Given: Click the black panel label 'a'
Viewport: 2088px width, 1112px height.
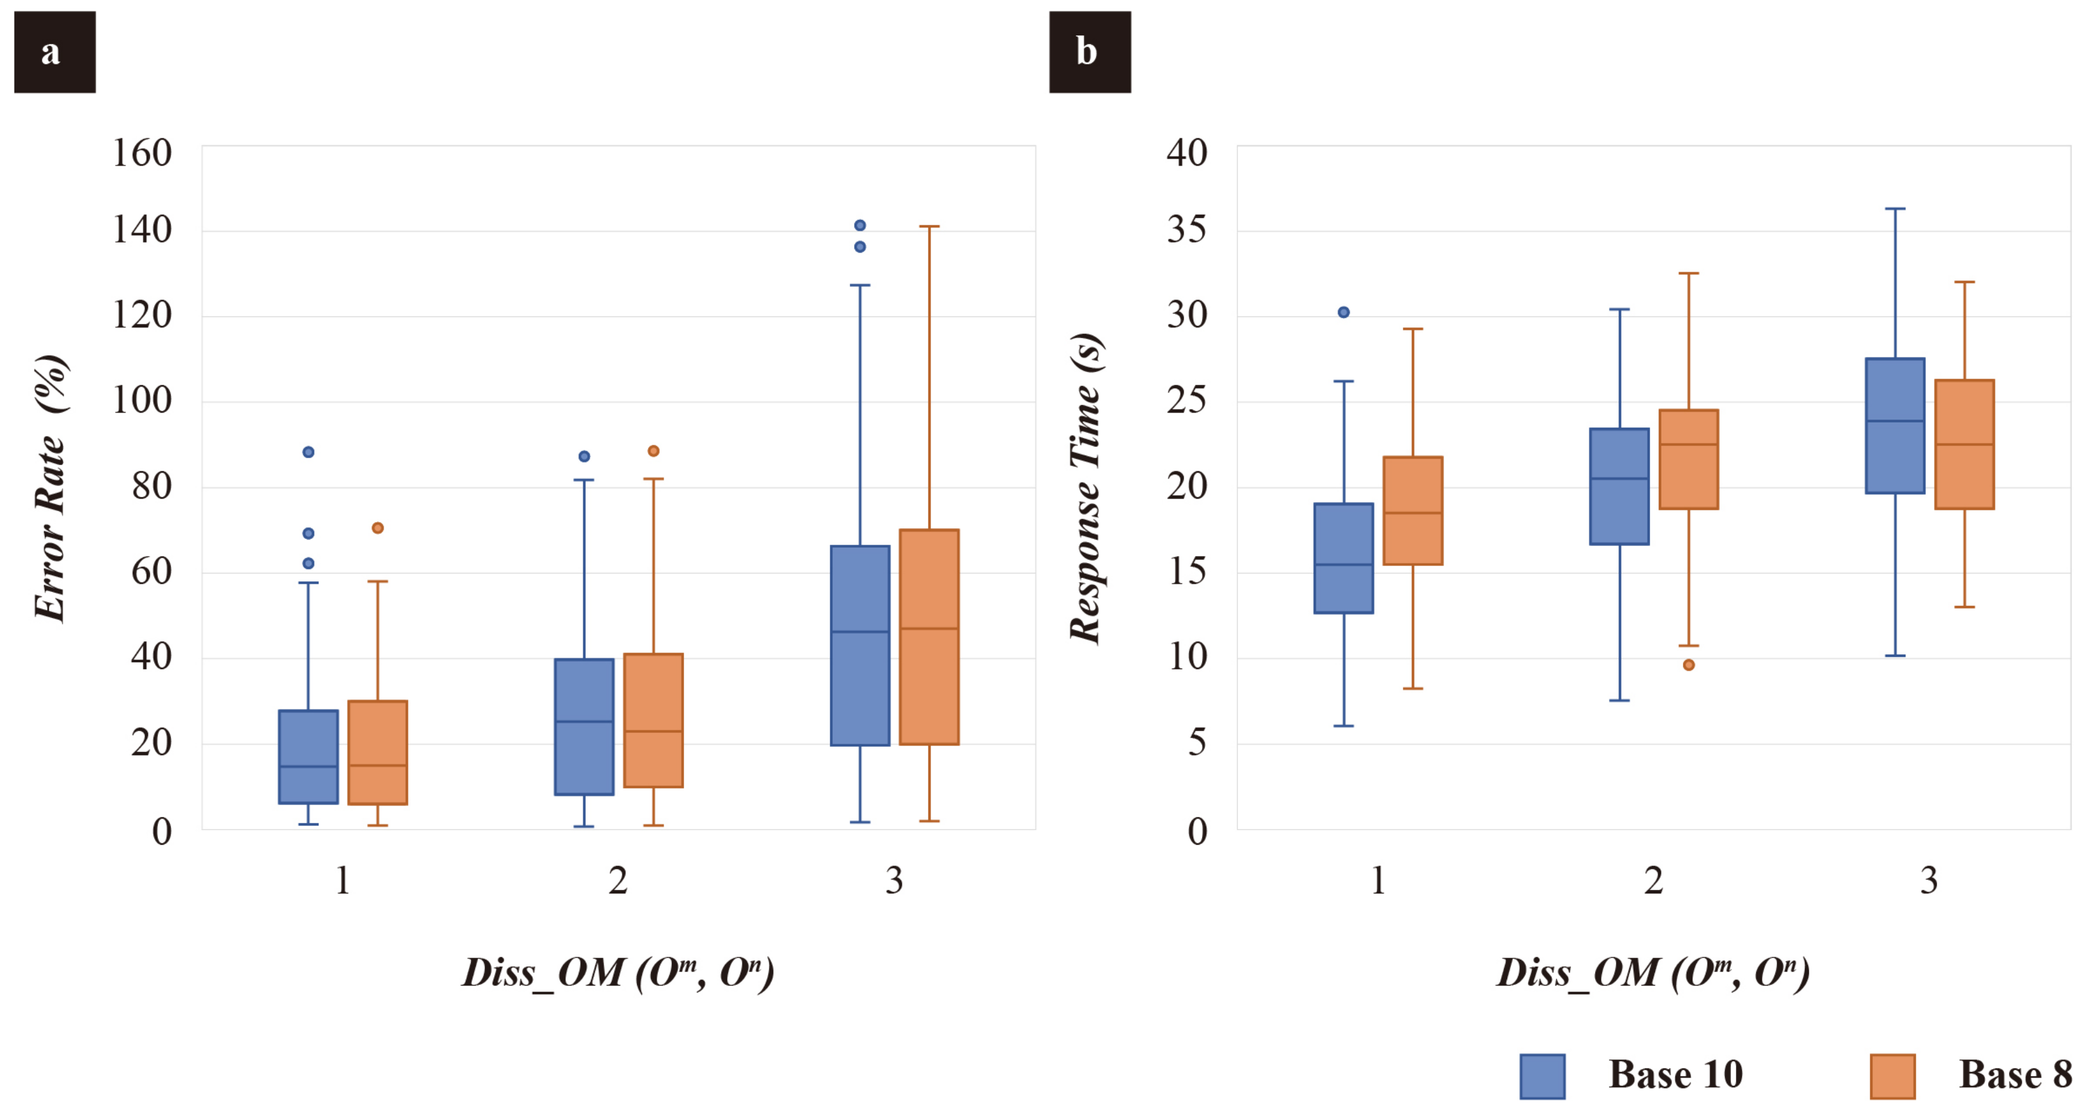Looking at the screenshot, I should pyautogui.click(x=54, y=52).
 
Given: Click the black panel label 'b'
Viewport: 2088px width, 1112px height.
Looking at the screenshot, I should pyautogui.click(x=1090, y=52).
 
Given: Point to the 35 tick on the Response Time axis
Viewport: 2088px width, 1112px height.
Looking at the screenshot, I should pyautogui.click(x=1187, y=230).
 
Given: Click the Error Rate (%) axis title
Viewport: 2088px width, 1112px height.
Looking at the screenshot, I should pyautogui.click(x=51, y=488).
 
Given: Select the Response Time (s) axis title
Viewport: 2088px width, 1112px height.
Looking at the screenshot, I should pyautogui.click(x=1086, y=488).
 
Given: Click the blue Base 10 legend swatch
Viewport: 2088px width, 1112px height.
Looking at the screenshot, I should pyautogui.click(x=1542, y=1075).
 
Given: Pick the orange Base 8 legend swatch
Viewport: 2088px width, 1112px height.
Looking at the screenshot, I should pyautogui.click(x=1892, y=1075).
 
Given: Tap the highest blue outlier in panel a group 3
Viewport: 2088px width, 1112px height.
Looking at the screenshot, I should pyautogui.click(x=860, y=226).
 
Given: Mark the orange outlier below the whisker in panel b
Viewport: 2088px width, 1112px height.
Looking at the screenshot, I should pyautogui.click(x=1689, y=665).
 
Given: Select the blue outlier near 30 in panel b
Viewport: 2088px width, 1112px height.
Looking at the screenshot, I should pyautogui.click(x=1343, y=312).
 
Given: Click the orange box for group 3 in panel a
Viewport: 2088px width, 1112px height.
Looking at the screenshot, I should pyautogui.click(x=929, y=637).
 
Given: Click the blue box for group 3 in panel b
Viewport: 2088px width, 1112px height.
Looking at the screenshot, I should pyautogui.click(x=1895, y=425).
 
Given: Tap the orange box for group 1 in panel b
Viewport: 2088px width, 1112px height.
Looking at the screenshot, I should pyautogui.click(x=1413, y=511).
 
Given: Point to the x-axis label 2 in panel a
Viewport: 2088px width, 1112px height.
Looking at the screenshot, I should pyautogui.click(x=617, y=880).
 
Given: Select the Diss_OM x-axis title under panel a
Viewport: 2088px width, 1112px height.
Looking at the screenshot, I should pyautogui.click(x=617, y=972).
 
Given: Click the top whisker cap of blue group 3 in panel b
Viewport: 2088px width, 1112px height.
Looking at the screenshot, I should pyautogui.click(x=1895, y=209).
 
